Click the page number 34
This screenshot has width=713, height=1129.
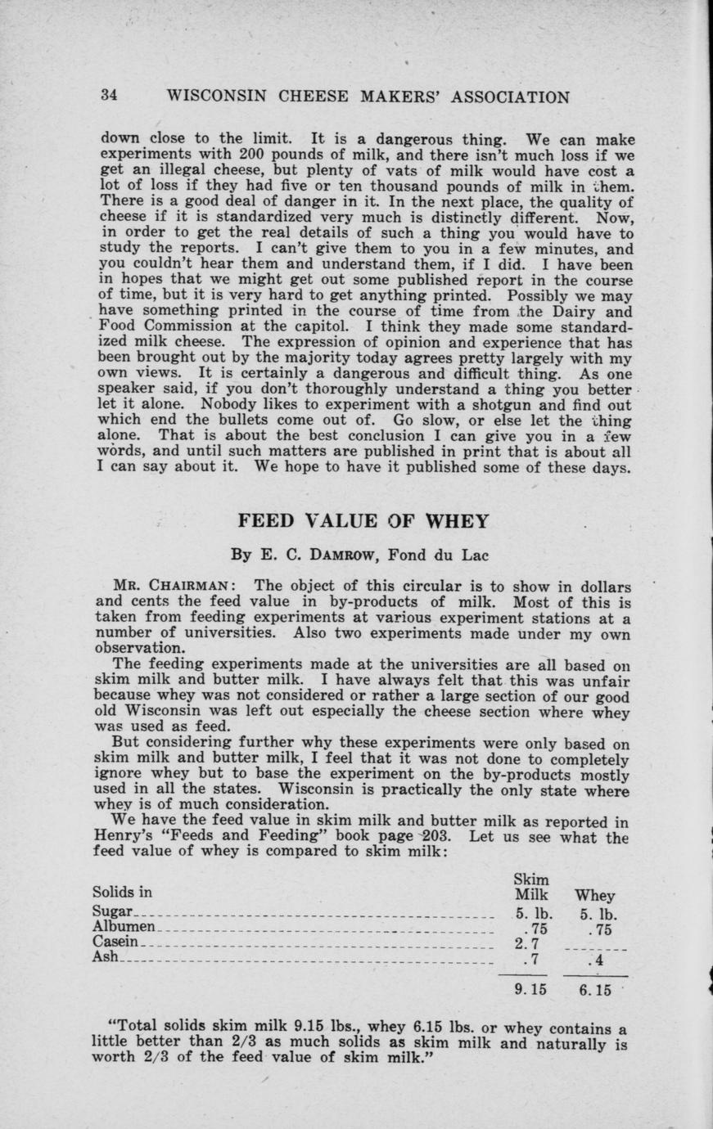click(110, 96)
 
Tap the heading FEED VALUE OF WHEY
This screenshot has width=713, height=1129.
click(363, 521)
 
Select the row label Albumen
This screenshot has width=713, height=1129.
click(124, 928)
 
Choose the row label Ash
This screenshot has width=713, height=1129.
click(106, 957)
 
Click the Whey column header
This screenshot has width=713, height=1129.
click(595, 896)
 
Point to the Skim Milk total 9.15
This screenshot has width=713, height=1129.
click(530, 989)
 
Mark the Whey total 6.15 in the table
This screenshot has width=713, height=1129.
click(595, 990)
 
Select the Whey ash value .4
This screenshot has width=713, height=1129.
click(596, 960)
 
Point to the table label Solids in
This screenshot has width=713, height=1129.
click(122, 892)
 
